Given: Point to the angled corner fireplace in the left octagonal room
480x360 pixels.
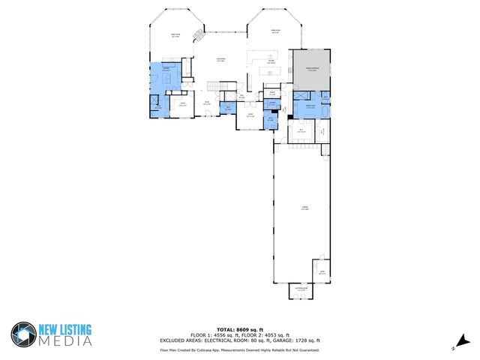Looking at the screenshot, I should click(x=199, y=35).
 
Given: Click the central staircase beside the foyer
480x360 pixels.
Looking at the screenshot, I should click(x=216, y=88).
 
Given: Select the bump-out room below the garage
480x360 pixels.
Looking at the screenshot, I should click(x=301, y=291).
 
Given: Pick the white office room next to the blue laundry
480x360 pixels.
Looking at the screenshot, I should click(x=183, y=105).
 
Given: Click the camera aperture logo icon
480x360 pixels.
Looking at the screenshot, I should click(x=24, y=334).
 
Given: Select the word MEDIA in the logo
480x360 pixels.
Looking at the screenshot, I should click(x=66, y=341).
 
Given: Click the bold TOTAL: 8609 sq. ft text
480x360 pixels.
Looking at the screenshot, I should click(x=239, y=329).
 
